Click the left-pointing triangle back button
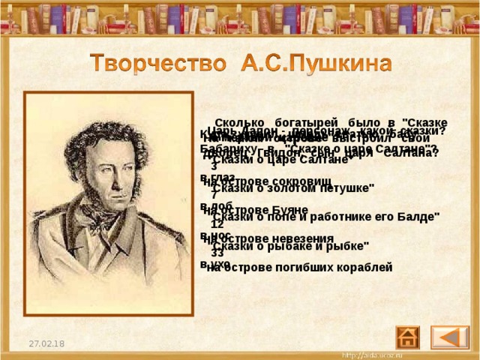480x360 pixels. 450,337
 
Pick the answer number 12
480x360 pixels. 217,223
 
